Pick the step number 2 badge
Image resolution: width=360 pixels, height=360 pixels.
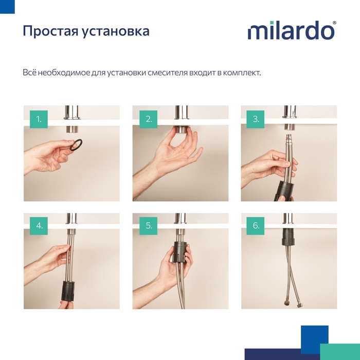[149, 120]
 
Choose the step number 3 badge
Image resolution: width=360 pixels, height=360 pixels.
[256, 120]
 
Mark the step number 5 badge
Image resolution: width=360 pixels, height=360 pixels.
[149, 225]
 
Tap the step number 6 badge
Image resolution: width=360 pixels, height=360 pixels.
[256, 225]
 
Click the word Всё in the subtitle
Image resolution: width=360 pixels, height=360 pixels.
[29, 73]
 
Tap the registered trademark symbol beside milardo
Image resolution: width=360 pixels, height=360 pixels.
[335, 23]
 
